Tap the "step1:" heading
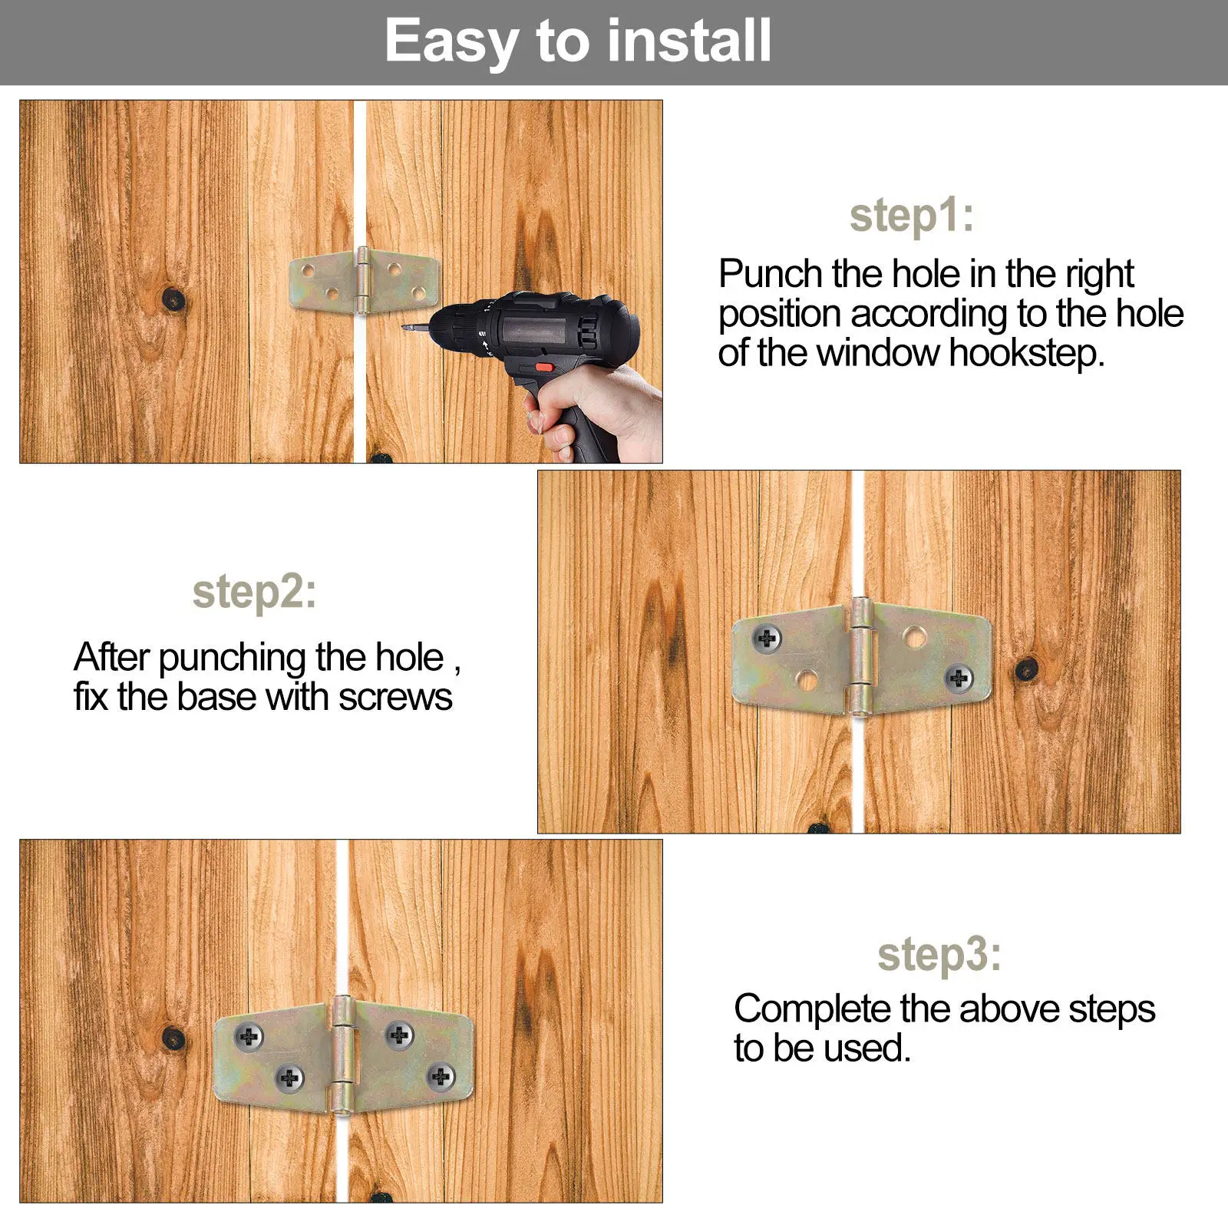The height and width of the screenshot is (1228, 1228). [912, 216]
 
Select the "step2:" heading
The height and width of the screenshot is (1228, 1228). [254, 593]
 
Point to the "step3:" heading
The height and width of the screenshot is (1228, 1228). [939, 955]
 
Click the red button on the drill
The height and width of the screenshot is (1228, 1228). [543, 367]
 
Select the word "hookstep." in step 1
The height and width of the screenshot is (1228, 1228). [1026, 354]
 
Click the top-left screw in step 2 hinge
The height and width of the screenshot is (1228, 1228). [767, 637]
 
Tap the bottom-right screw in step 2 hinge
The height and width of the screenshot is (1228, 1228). [959, 678]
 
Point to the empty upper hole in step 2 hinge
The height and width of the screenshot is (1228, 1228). [913, 636]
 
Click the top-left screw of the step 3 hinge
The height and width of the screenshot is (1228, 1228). [248, 1038]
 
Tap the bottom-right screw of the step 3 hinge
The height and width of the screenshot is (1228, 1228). [441, 1077]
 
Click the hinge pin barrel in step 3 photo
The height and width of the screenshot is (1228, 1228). [343, 1054]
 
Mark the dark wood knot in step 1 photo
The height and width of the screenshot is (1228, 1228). [174, 299]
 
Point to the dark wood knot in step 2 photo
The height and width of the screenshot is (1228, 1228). [1027, 669]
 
